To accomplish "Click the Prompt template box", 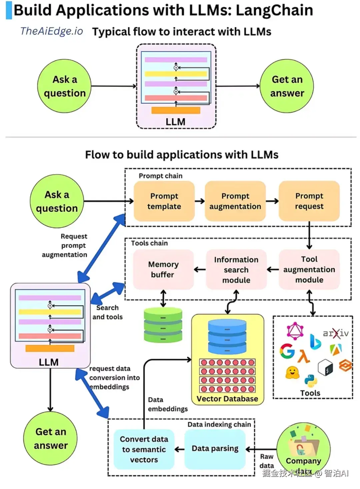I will (164, 201).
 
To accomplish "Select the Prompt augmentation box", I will (235, 201).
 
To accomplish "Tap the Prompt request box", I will (309, 201).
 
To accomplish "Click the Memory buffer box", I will (163, 269).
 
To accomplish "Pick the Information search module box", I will (236, 269).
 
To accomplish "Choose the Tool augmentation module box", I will (309, 269).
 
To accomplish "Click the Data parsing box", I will (215, 449).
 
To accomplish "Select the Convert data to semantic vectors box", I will (144, 449).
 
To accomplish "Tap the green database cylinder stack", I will (163, 325).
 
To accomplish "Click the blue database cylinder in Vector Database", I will (227, 337).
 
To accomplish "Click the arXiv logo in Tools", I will (336, 333).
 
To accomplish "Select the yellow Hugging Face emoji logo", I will (292, 373).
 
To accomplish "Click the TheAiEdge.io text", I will (52, 31).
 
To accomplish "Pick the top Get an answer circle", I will (287, 86).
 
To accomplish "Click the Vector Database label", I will (227, 399).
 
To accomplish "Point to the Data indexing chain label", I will (219, 424).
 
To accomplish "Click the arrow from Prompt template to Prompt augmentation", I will (200, 201).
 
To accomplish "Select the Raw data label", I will (267, 461).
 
